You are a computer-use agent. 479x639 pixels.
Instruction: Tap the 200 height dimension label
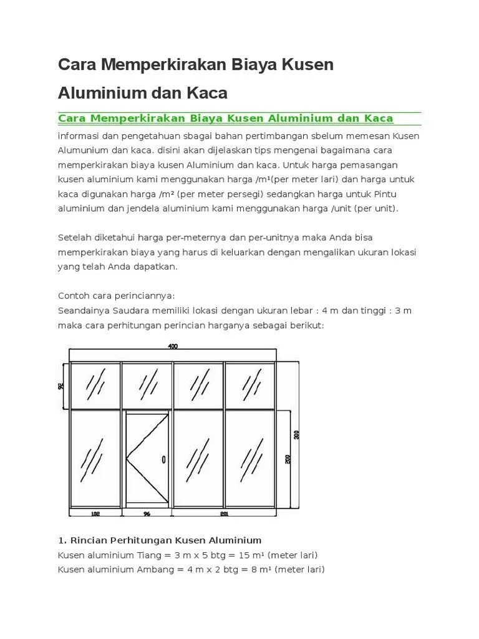(x=288, y=459)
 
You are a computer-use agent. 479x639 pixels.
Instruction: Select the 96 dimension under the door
(x=147, y=515)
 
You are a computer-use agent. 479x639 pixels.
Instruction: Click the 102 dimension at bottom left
(x=95, y=515)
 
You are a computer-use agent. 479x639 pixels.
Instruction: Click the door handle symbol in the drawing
(x=163, y=459)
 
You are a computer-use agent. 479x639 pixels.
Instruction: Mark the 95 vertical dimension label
(x=61, y=386)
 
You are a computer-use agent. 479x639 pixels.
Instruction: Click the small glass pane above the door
(x=147, y=385)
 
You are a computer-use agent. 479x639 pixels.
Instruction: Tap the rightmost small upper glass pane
(x=249, y=385)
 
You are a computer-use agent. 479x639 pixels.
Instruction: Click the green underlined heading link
(x=225, y=119)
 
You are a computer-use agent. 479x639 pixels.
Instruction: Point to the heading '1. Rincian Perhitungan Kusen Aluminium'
(x=160, y=540)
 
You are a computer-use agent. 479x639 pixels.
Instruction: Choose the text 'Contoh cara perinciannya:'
(x=116, y=295)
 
